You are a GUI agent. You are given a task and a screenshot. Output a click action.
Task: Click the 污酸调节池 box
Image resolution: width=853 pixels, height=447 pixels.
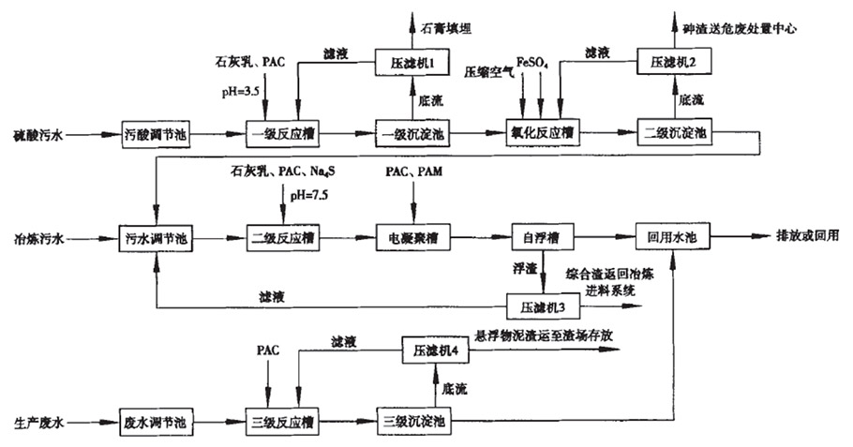[x=157, y=135]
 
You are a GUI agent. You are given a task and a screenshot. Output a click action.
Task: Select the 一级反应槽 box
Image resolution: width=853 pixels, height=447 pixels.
[x=283, y=135]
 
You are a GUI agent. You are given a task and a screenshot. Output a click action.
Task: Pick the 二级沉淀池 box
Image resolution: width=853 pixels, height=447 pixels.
[x=673, y=135]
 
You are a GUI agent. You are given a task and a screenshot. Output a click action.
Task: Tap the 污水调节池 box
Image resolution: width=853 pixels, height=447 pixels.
[x=156, y=238]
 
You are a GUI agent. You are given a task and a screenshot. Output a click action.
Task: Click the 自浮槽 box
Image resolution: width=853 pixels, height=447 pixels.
[x=541, y=238]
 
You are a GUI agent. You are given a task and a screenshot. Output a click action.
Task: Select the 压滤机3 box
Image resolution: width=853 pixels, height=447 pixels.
[x=541, y=306]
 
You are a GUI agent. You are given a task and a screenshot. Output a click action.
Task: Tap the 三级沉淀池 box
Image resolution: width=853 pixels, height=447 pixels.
[x=412, y=421]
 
